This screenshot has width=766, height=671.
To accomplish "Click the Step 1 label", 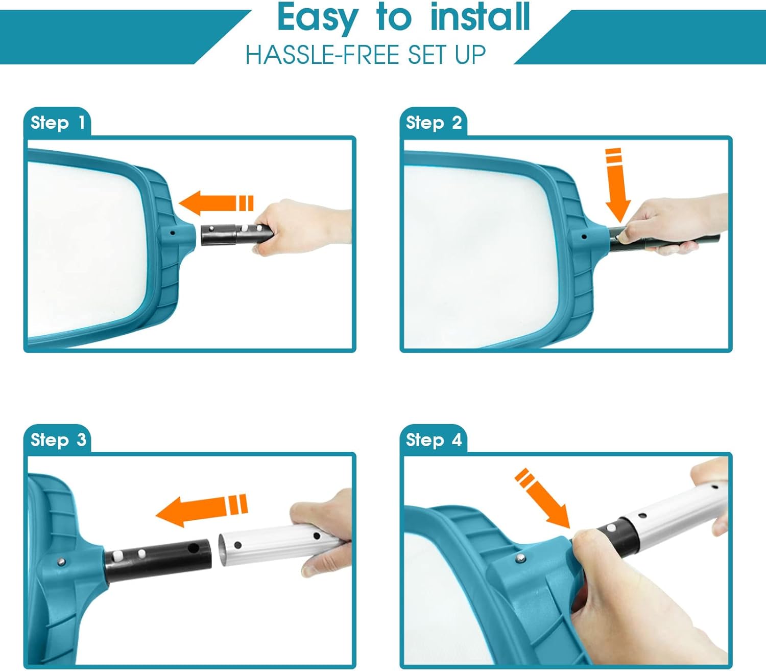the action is point(58,123).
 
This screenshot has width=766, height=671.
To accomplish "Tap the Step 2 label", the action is point(434,123).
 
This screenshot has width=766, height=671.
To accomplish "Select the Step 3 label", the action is point(58,440).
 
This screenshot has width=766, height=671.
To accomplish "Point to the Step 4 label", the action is point(434,440).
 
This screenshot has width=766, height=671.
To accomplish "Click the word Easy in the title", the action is point(318,18).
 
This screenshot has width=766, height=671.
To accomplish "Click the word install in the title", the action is point(480,16).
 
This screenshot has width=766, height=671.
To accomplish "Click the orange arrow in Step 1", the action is point(216,203).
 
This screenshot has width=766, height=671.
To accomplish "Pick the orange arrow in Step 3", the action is point(202,510).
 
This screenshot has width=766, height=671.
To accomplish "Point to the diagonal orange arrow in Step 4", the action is point(542,498).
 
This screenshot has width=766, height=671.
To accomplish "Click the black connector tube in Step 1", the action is point(236,235).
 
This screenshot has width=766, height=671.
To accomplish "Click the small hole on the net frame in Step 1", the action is point(172,233).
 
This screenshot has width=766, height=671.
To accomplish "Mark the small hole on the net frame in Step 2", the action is point(584,237).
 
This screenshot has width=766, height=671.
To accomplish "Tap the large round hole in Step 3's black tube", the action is point(193,548).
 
